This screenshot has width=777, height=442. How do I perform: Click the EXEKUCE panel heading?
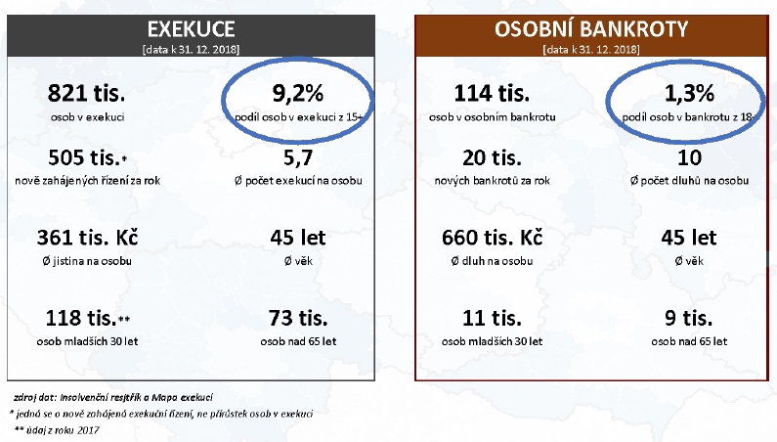(191, 29)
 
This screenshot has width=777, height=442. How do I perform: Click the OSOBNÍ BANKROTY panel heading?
(591, 28)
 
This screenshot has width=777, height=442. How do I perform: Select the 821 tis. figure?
(86, 93)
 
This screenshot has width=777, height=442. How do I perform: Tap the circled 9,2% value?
(298, 93)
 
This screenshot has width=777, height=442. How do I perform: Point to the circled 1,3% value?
(689, 93)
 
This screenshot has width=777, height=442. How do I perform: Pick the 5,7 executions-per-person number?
(298, 158)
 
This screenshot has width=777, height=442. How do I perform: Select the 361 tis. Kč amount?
(87, 238)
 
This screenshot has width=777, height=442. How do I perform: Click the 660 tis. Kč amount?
(492, 238)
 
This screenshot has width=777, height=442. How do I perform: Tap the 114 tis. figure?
(492, 93)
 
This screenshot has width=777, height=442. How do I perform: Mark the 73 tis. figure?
(298, 318)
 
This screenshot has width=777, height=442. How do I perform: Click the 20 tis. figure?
(492, 157)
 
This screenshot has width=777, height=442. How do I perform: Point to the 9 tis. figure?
(689, 318)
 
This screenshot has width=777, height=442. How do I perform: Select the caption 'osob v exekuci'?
(87, 117)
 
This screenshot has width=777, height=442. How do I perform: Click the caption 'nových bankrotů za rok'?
(492, 181)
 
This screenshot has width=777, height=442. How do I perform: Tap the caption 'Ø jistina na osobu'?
(87, 261)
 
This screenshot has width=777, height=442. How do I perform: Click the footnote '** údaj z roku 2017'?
(57, 430)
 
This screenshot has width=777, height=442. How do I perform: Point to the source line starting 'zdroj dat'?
(113, 397)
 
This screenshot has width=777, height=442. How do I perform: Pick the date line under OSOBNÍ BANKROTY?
(591, 50)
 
